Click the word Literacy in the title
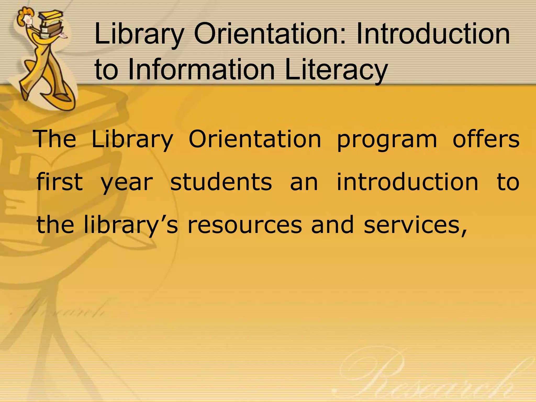(x=336, y=69)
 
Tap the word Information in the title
(x=202, y=69)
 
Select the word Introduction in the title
(x=433, y=34)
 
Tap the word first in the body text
(x=60, y=182)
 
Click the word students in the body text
(x=221, y=182)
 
